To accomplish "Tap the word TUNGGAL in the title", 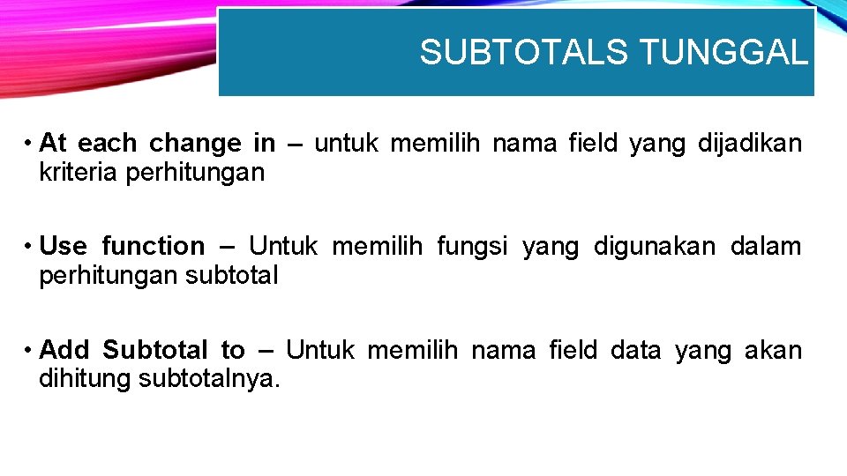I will pos(723,53).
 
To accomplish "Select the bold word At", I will pos(52,143).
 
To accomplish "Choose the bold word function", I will pos(153,246).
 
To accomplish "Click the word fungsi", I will pos(472,246).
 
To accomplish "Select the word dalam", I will pos(766,246).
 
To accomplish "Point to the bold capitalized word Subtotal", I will pos(155,350).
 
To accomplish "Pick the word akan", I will pos(773,350).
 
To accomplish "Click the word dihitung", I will pos(86,380).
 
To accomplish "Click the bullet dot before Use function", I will pos(29,246).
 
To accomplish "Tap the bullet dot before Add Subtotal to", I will pos(29,350).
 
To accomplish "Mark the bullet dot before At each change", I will pos(29,143).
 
